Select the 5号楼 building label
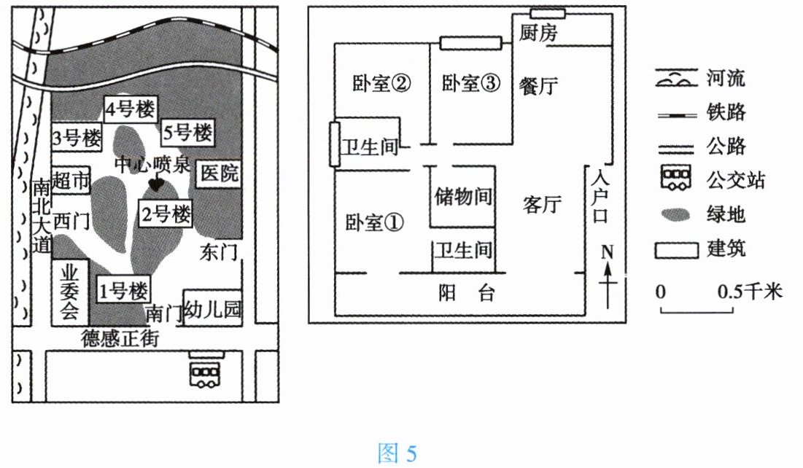187,133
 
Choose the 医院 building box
220,173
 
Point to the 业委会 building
70,292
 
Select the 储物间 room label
462,197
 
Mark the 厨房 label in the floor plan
540,33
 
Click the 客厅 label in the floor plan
543,205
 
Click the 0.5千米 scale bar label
749,292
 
